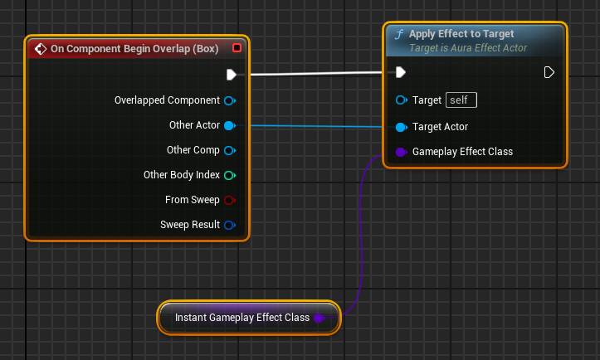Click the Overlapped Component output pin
click(x=230, y=100)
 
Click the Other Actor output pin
click(x=230, y=125)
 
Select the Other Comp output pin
click(x=230, y=150)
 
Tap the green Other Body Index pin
click(x=230, y=175)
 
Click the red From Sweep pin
click(x=230, y=200)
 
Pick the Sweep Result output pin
click(x=230, y=225)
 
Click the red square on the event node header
click(x=237, y=48)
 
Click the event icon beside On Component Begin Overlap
click(x=40, y=49)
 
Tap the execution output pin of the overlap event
click(x=232, y=75)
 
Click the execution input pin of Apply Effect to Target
click(x=401, y=73)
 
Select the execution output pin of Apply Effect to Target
click(x=549, y=73)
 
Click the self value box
click(x=461, y=100)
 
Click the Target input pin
click(x=402, y=100)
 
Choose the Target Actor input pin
click(x=402, y=127)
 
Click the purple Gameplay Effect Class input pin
click(x=402, y=152)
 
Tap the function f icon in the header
click(x=399, y=35)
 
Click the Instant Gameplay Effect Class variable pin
click(x=319, y=318)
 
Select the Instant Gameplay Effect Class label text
click(x=241, y=318)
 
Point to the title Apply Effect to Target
click(x=461, y=34)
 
